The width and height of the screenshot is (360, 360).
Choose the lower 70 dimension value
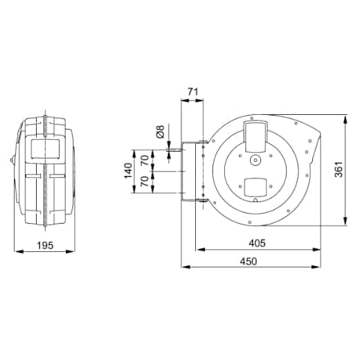click(x=145, y=183)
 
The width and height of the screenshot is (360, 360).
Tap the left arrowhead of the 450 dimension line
click(x=183, y=267)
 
